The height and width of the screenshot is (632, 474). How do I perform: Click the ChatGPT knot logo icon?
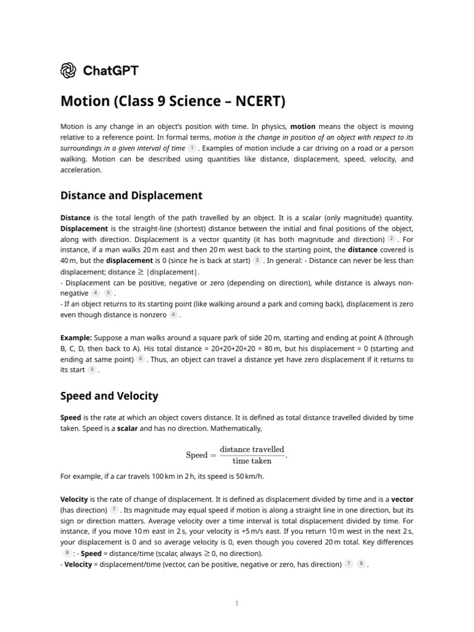[69, 70]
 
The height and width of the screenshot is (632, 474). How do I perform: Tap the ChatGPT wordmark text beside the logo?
[110, 70]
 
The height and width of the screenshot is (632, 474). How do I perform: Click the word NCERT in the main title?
[256, 100]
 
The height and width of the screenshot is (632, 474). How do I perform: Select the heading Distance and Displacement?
[131, 196]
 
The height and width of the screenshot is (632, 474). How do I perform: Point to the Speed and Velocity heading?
[109, 396]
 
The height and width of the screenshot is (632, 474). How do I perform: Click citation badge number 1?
[192, 148]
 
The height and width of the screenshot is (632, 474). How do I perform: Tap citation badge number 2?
[391, 238]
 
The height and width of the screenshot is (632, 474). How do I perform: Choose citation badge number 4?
[96, 293]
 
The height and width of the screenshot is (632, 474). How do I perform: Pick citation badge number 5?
[108, 293]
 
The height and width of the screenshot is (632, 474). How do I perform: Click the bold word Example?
[76, 338]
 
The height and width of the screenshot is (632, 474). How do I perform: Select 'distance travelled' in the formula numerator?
[252, 449]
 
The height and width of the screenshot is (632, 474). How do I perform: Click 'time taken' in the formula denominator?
[252, 460]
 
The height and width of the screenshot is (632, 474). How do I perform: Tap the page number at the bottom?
[236, 604]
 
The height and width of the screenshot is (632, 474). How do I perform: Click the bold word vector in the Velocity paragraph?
[402, 499]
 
